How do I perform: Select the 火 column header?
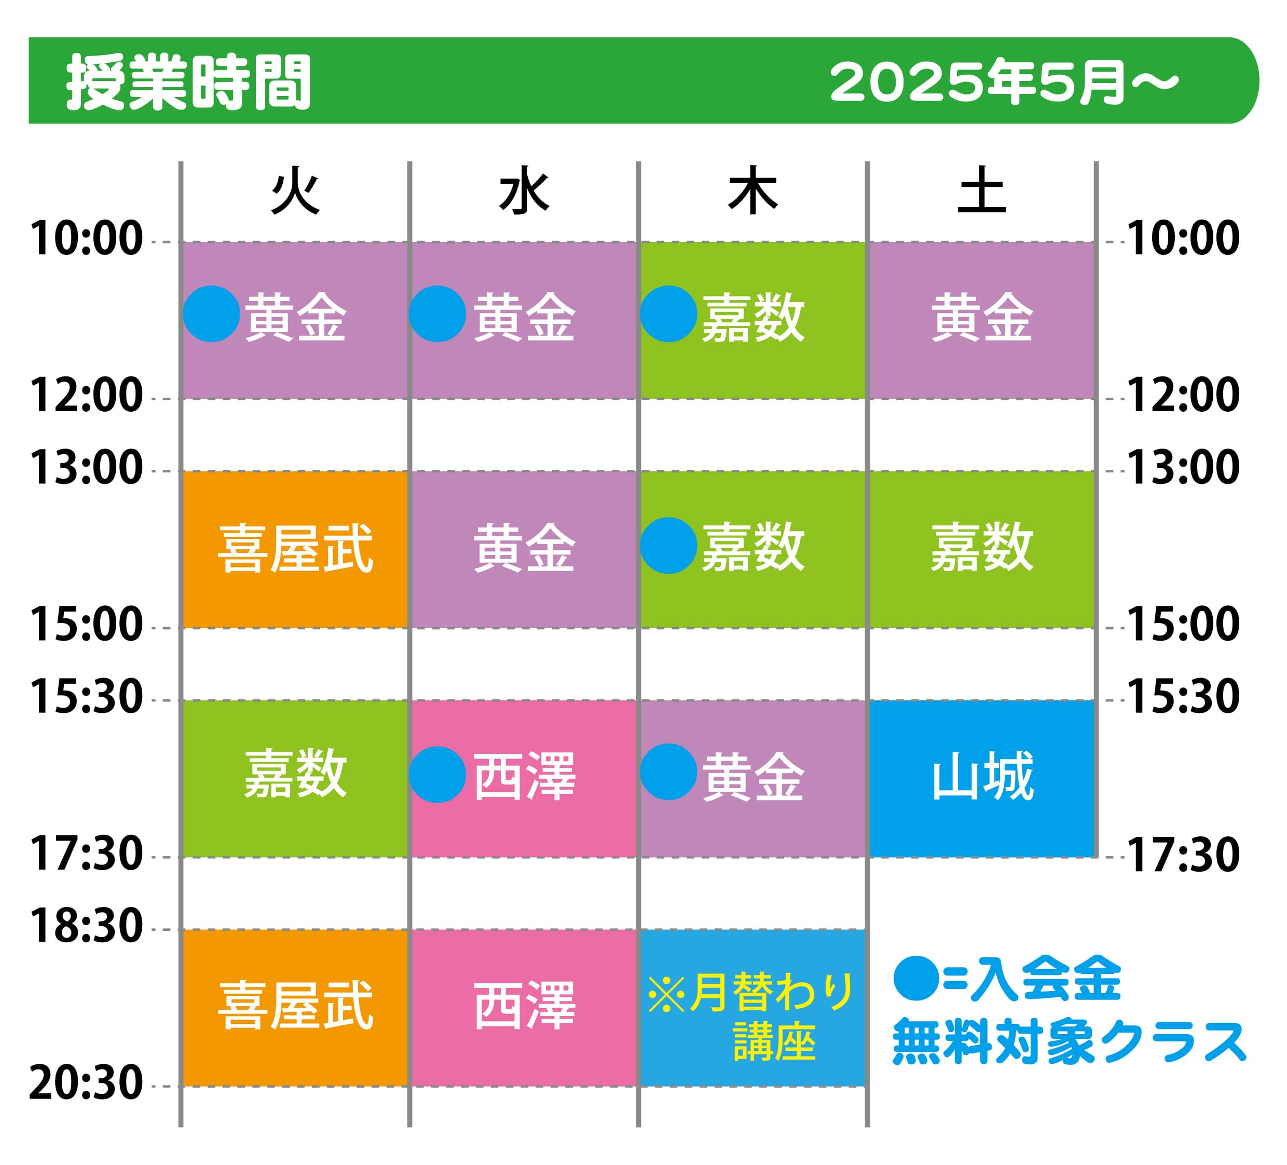tap(295, 191)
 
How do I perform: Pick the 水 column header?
tap(524, 191)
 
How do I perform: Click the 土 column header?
tap(982, 191)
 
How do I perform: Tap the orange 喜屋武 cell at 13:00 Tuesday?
tap(295, 549)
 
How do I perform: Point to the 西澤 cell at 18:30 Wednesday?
tap(524, 1008)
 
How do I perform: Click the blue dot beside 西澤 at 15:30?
tap(437, 775)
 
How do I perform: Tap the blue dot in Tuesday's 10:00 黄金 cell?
tap(211, 314)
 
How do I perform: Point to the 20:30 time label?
tap(86, 1083)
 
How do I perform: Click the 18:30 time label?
tap(86, 927)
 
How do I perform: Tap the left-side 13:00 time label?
tap(86, 468)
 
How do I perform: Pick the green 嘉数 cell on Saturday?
tap(982, 549)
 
